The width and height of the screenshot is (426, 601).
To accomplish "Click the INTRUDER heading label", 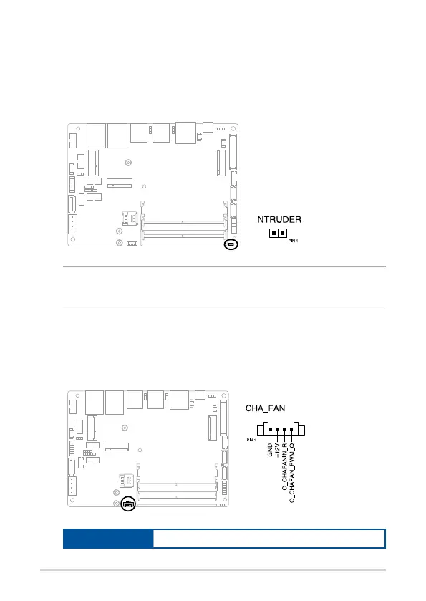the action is [x=278, y=220].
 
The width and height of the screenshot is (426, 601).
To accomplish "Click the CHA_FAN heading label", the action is [x=265, y=408].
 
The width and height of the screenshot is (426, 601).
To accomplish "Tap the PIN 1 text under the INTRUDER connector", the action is [x=293, y=241].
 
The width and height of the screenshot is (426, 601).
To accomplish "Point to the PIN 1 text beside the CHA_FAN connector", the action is [x=251, y=440].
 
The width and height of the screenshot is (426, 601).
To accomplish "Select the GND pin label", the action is [x=270, y=450].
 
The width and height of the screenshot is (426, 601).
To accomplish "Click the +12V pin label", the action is [x=277, y=450].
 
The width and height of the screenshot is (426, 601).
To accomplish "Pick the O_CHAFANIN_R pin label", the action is [x=285, y=467].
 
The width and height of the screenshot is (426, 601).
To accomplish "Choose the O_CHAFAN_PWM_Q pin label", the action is [x=292, y=473].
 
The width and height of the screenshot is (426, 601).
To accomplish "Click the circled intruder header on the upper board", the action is [x=231, y=244].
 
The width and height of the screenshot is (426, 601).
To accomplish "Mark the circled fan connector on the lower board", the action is [x=128, y=504].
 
